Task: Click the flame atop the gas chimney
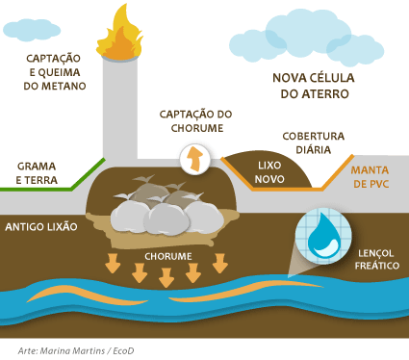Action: click(120, 37)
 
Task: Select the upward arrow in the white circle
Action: click(194, 159)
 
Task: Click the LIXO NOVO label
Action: click(269, 172)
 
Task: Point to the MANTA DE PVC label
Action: click(370, 177)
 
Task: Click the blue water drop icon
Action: click(322, 236)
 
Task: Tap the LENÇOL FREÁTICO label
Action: click(377, 260)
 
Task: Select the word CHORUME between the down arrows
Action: click(168, 256)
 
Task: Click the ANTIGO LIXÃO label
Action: click(41, 227)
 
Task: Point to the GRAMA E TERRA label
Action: click(37, 173)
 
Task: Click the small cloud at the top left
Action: click(32, 30)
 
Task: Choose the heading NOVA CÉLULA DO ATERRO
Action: click(314, 86)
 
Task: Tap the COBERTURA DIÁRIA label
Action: click(314, 142)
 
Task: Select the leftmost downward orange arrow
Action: click(113, 263)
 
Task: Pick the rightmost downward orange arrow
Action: click(220, 263)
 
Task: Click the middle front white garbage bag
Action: click(166, 219)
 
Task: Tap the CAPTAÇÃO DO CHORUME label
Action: click(196, 121)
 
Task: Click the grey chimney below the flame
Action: click(120, 109)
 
